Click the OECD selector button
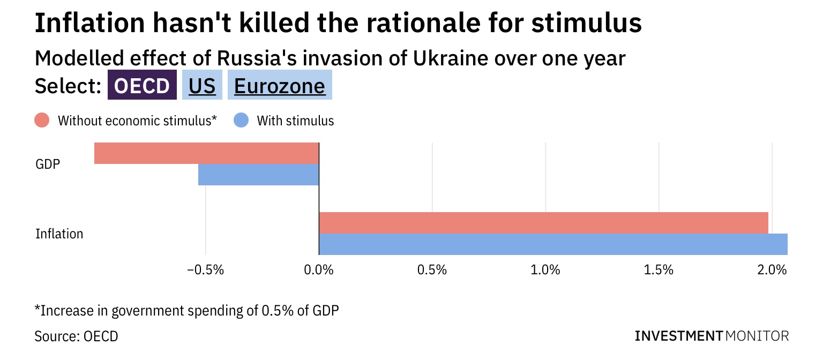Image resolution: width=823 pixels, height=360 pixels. tap(142, 86)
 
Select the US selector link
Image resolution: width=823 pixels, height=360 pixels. tap(202, 86)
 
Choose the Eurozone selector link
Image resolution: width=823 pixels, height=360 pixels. tap(279, 86)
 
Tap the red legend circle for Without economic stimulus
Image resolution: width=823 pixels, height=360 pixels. tap(42, 121)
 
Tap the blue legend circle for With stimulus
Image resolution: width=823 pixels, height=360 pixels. tap(241, 121)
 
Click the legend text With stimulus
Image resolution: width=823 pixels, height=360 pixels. tap(295, 121)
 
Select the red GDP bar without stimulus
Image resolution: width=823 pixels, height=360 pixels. tap(206, 153)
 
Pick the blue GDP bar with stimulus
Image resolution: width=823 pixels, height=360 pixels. tap(258, 175)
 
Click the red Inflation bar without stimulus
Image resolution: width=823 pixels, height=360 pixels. tap(543, 222)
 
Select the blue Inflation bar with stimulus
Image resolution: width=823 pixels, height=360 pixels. tap(553, 244)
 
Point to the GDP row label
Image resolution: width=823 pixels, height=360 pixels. tap(48, 164)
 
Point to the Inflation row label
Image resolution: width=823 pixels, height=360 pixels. tap(59, 234)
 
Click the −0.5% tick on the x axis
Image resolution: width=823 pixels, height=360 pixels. tap(205, 270)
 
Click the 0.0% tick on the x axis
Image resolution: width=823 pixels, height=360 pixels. tap(319, 270)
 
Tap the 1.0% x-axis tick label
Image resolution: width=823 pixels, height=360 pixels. tap(545, 270)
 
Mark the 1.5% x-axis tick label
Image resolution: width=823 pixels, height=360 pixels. tap(659, 270)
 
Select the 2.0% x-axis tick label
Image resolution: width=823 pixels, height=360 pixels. tap(772, 270)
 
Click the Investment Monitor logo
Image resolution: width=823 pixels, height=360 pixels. tap(712, 336)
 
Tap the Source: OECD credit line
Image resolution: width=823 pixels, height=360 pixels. tap(77, 336)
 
